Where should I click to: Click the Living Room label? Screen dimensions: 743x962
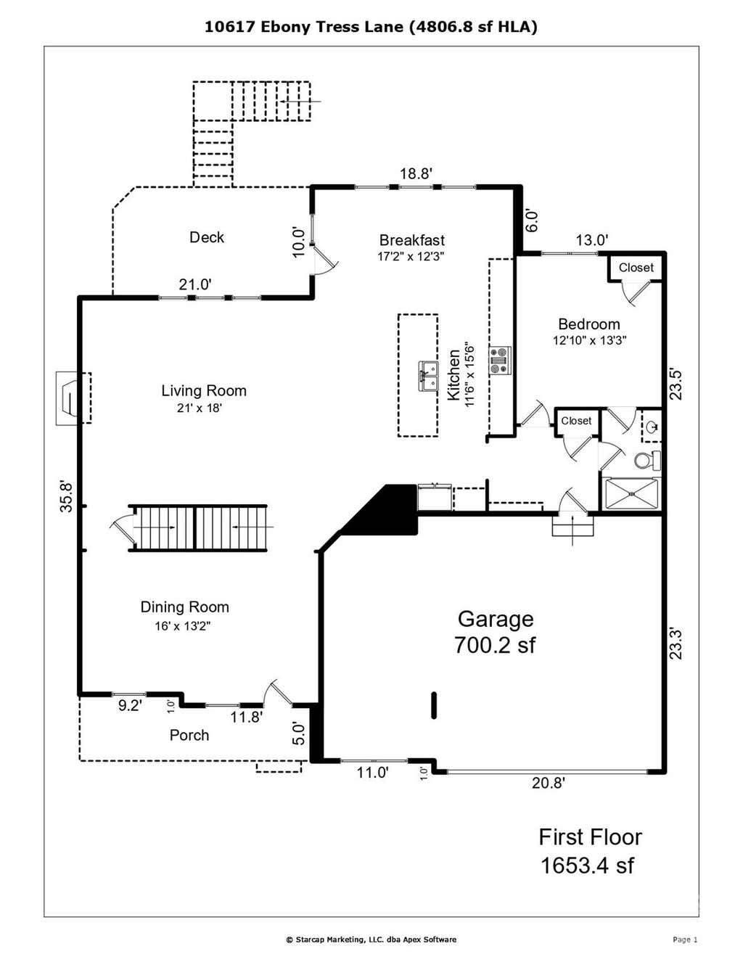click(204, 391)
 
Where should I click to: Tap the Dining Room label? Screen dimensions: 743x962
click(184, 607)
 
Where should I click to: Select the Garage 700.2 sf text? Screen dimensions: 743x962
click(495, 632)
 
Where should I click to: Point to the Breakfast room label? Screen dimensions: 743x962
click(412, 240)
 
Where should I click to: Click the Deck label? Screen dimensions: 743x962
click(207, 237)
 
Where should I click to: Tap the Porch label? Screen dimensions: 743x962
click(189, 736)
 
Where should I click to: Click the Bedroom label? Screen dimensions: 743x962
click(589, 324)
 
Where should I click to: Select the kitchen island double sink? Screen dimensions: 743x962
click(429, 376)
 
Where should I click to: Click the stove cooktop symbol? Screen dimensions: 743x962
click(500, 361)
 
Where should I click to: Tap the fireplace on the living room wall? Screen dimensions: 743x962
click(73, 398)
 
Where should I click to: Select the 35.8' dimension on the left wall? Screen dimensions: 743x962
click(67, 496)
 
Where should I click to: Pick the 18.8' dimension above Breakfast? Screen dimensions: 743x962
click(416, 173)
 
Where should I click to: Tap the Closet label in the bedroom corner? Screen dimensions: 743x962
click(636, 268)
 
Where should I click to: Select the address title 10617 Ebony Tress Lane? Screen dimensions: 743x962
click(304, 28)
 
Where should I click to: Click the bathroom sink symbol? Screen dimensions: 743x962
click(652, 427)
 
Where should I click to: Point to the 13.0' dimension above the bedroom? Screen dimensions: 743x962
click(592, 240)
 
